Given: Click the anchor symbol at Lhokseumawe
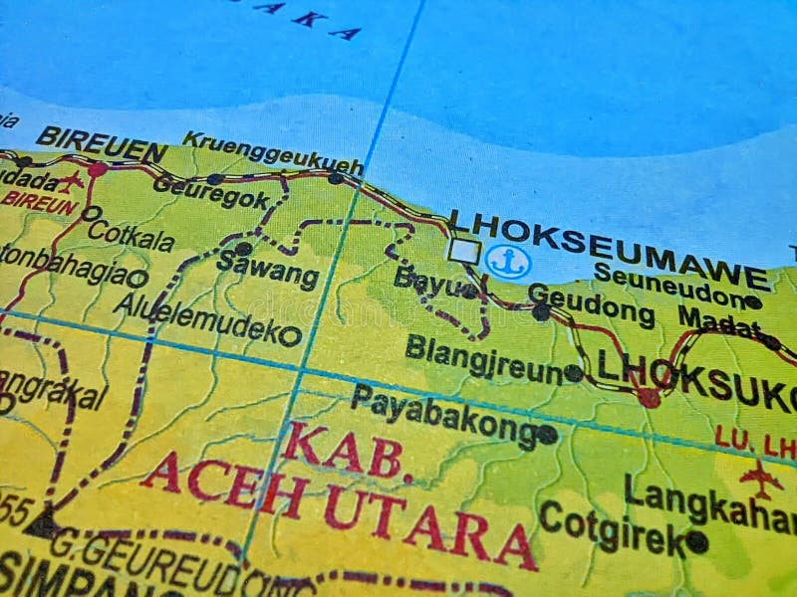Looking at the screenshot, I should click(508, 262).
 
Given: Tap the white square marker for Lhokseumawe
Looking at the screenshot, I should click(464, 251).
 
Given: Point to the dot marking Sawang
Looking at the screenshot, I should click(243, 248).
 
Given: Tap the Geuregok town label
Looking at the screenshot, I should click(211, 192).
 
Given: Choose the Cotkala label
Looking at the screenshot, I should click(131, 235).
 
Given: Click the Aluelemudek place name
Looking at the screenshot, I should click(198, 317).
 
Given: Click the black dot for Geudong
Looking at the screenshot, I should click(541, 311).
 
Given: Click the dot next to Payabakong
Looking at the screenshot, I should click(547, 434).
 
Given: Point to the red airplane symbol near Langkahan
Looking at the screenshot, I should click(761, 479).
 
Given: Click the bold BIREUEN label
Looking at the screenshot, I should click(102, 144).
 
